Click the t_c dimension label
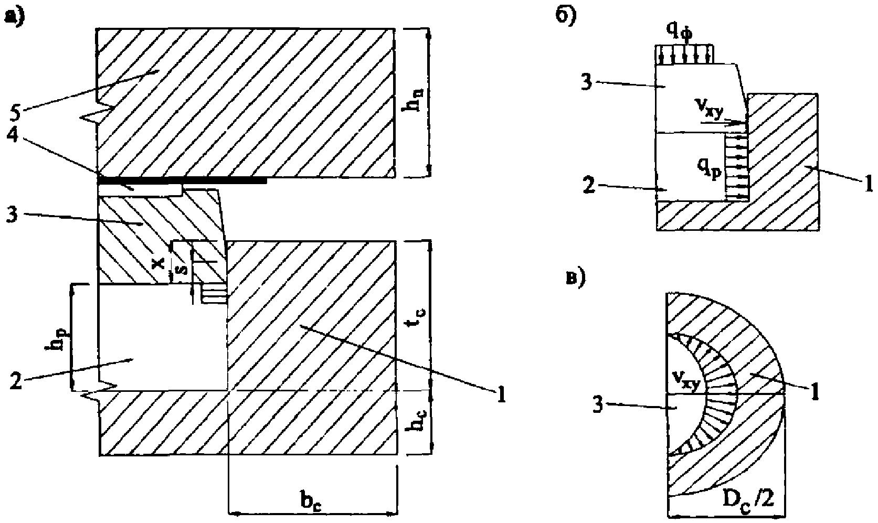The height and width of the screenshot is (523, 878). [x=420, y=316]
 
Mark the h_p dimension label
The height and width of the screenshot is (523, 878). [x=55, y=340]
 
